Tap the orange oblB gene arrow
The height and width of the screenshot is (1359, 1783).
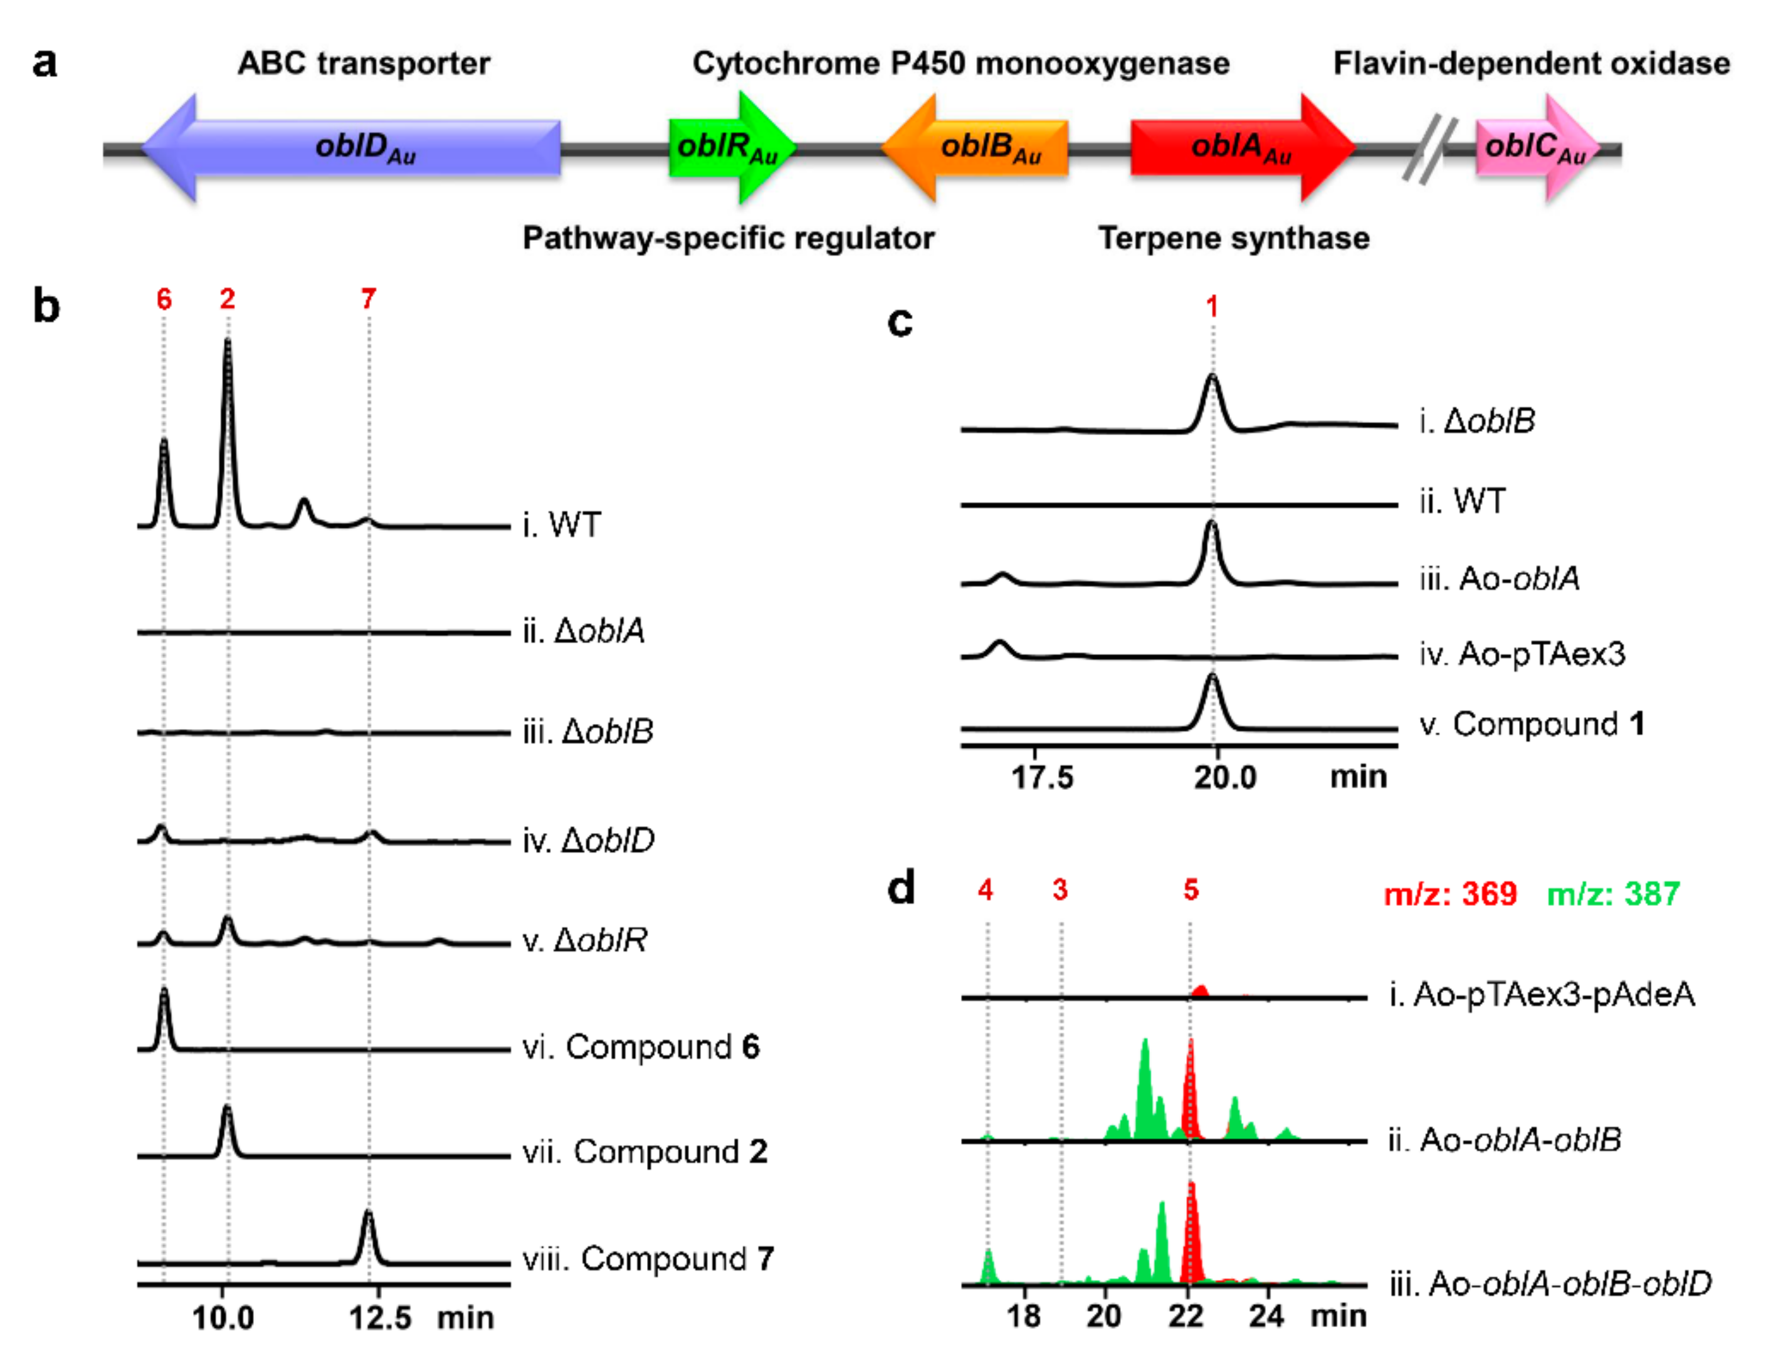983,147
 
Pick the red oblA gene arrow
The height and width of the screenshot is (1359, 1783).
1238,147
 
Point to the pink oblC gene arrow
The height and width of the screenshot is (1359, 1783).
1533,147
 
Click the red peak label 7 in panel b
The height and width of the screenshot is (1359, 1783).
368,299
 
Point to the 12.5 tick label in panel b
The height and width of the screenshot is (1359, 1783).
380,1318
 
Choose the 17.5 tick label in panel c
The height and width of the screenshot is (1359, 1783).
1042,777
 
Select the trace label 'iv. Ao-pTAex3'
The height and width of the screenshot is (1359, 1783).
1522,654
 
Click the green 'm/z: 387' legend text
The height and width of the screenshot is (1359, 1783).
1613,894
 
